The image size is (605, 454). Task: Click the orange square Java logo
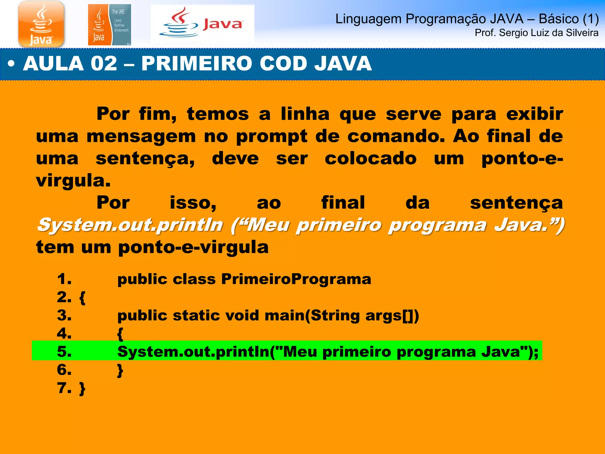pos(41,24)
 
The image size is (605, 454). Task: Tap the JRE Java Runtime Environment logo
pos(109,25)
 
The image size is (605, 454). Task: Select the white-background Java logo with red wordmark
pos(202,24)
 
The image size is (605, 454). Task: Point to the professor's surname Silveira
pos(582,33)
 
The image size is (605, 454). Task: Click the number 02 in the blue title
pos(104,64)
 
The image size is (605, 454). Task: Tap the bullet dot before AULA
pos(11,64)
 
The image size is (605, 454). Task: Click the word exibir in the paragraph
pos(535,114)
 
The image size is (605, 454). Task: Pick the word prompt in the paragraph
pos(272,137)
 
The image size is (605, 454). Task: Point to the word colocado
pos(371,158)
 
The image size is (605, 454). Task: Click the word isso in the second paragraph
pos(193,203)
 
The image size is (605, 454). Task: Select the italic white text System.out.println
pos(130,225)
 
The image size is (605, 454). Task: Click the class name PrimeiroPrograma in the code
pos(296,279)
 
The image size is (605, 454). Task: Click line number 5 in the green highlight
pos(64,352)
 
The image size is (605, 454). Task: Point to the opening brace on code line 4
pos(120,334)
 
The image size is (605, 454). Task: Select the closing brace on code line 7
pos(82,388)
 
